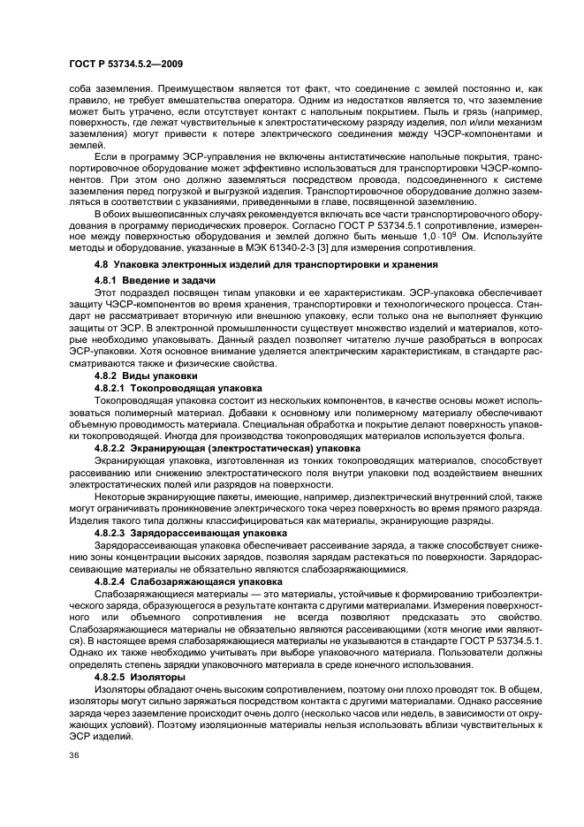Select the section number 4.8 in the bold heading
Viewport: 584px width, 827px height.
[x=101, y=264]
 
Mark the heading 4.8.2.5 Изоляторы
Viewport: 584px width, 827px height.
[x=140, y=676]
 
